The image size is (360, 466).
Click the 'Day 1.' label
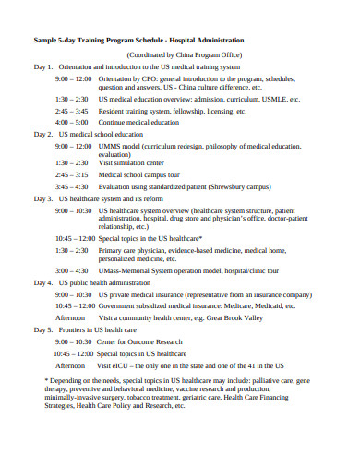[x=43, y=67]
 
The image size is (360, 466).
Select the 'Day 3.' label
[x=43, y=198]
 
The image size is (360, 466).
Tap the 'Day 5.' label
[x=43, y=329]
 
